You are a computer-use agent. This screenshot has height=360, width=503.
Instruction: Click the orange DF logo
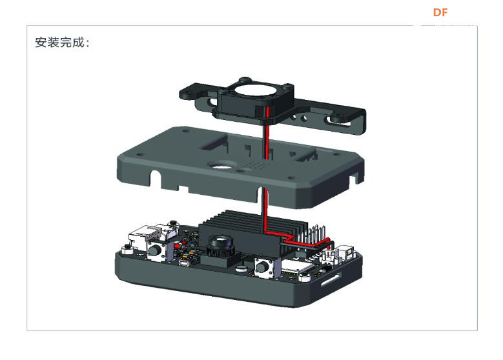click(x=440, y=12)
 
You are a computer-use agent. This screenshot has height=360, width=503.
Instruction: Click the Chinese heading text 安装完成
click(x=60, y=43)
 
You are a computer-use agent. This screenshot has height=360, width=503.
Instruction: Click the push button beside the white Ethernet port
click(x=156, y=250)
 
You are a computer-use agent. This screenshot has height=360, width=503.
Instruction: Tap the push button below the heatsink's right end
click(x=264, y=266)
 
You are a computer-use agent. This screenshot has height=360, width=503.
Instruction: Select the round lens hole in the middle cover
click(x=221, y=166)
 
